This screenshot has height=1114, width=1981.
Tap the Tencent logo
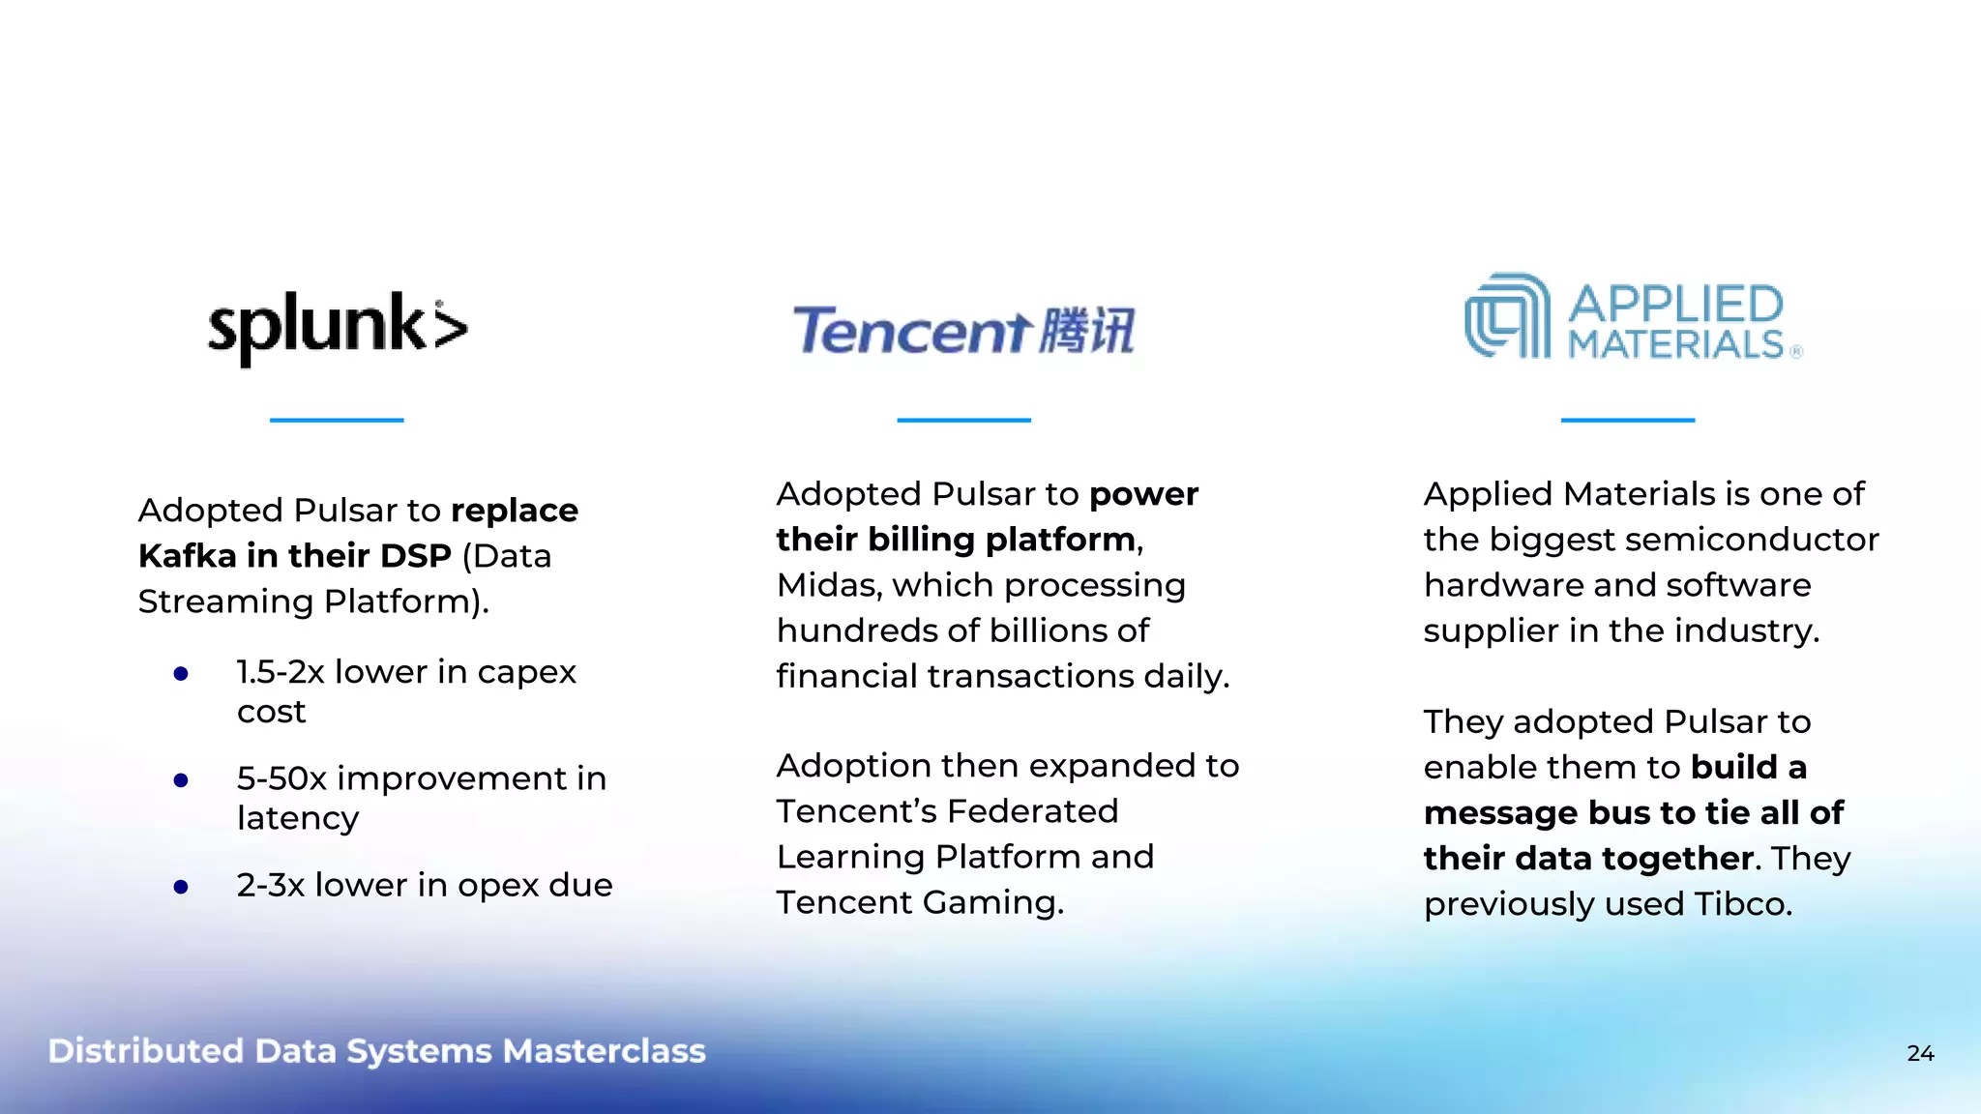coord(963,331)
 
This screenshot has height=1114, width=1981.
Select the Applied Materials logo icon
coord(1507,316)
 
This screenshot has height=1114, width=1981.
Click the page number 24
coord(1920,1053)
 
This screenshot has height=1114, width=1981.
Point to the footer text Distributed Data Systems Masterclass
coord(377,1051)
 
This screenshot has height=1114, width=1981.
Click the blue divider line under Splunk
coord(337,420)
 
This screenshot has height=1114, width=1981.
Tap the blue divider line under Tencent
coord(963,420)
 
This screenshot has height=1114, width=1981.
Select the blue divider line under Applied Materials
coord(1627,420)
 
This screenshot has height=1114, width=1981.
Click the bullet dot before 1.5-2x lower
coord(181,674)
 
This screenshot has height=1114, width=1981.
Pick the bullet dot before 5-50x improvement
coord(181,780)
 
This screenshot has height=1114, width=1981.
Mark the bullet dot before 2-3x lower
coord(181,887)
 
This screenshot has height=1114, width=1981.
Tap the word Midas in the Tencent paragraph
coord(829,585)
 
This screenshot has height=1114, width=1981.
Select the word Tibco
coord(1742,904)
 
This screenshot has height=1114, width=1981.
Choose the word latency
coord(298,818)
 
